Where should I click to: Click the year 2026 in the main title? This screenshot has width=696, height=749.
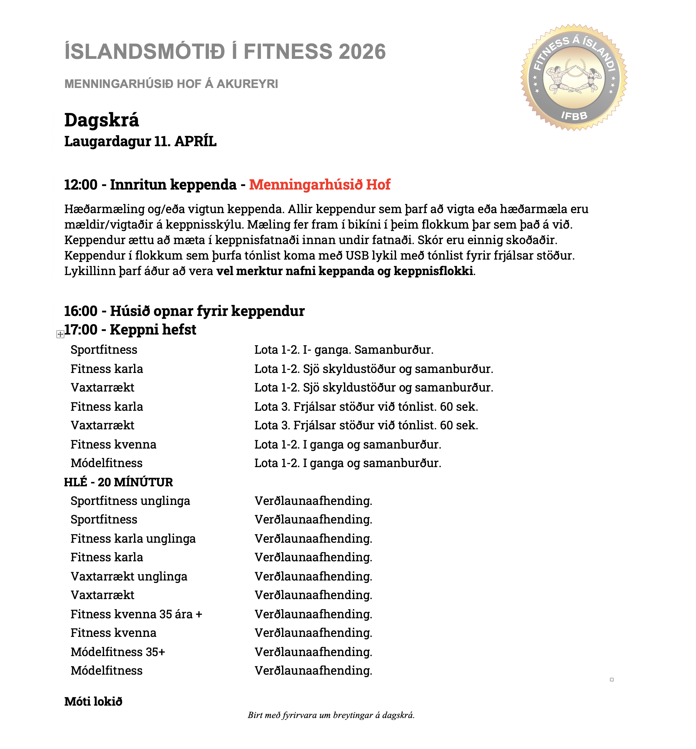[x=362, y=52]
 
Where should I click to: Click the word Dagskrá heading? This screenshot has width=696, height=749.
[x=102, y=120]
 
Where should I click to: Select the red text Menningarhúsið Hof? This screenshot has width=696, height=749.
[x=320, y=185]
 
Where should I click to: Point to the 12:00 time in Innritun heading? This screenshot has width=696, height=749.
[x=80, y=185]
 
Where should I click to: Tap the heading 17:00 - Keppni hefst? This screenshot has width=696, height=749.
[x=130, y=330]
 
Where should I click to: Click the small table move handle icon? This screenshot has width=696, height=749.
[x=60, y=334]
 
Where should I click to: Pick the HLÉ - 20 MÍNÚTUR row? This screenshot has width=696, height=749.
[x=119, y=482]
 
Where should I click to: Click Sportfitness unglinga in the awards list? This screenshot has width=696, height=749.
[x=130, y=501]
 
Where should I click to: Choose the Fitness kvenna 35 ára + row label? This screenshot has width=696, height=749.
[x=136, y=614]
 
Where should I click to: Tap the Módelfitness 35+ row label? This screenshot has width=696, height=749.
[x=118, y=652]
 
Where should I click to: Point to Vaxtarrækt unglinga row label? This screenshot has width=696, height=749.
[x=129, y=576]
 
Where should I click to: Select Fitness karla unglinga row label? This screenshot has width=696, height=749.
[x=133, y=539]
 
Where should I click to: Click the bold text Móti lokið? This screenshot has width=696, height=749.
[x=94, y=702]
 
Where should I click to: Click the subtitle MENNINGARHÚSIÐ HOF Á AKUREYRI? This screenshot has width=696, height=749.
[x=171, y=84]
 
